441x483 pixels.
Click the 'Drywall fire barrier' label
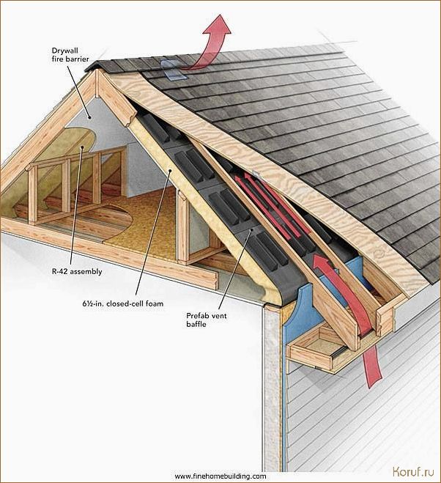tap(70, 54)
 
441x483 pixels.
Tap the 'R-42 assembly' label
tap(77, 272)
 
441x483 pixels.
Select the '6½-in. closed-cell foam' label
tap(122, 303)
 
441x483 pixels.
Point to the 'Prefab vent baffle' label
tap(207, 320)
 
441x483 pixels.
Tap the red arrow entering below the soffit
tap(374, 366)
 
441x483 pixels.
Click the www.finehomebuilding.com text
tap(220, 476)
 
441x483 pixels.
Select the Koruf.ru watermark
tap(413, 471)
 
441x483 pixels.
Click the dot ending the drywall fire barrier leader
tap(89, 117)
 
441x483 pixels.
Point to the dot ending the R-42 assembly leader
tap(82, 147)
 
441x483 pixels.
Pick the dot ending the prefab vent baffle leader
tap(251, 230)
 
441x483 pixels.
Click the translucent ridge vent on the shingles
tap(172, 70)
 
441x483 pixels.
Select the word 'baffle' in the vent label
tap(196, 324)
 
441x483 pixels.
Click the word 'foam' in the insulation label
tap(155, 303)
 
